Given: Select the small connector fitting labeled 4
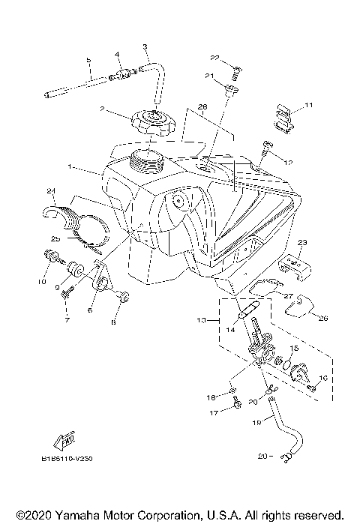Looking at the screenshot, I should pos(121,74).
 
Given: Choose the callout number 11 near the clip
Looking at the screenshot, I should pos(308,106).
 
